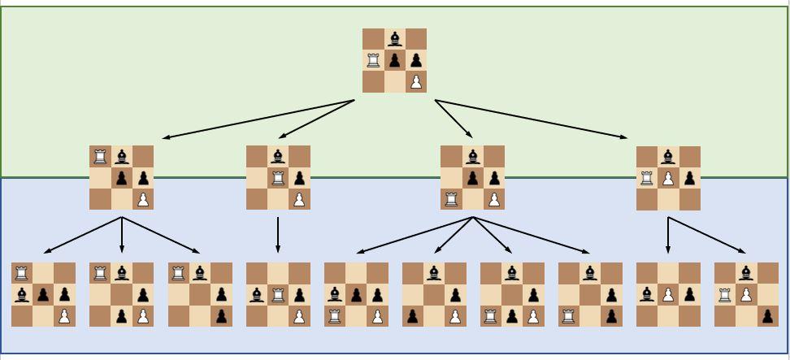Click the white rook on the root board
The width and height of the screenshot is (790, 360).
pyautogui.click(x=373, y=60)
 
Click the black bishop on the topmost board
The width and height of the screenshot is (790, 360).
pyautogui.click(x=394, y=39)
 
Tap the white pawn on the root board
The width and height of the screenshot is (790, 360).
pyautogui.click(x=415, y=81)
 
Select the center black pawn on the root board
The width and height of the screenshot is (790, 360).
pyautogui.click(x=394, y=60)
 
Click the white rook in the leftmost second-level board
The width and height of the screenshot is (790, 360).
pyautogui.click(x=100, y=156)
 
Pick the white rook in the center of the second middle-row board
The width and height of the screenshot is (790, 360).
pyautogui.click(x=278, y=177)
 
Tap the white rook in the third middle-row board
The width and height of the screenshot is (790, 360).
pyautogui.click(x=451, y=198)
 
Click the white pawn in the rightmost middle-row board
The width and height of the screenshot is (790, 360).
pyautogui.click(x=668, y=178)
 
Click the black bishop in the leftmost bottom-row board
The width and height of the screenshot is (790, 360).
pyautogui.click(x=22, y=294)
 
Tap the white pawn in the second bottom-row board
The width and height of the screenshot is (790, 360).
pyautogui.click(x=142, y=315)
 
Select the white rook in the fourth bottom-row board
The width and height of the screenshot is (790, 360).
pyautogui.click(x=278, y=294)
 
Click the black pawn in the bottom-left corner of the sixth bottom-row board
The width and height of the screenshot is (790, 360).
pyautogui.click(x=413, y=315)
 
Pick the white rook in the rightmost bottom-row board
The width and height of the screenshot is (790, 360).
pyautogui.click(x=725, y=294)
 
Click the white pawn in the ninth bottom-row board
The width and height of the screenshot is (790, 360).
pyautogui.click(x=668, y=294)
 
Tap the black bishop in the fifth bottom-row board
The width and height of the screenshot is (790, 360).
pyautogui.click(x=335, y=294)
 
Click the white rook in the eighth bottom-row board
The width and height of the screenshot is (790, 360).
pyautogui.click(x=569, y=315)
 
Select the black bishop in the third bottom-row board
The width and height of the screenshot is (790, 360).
pyautogui.click(x=200, y=273)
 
